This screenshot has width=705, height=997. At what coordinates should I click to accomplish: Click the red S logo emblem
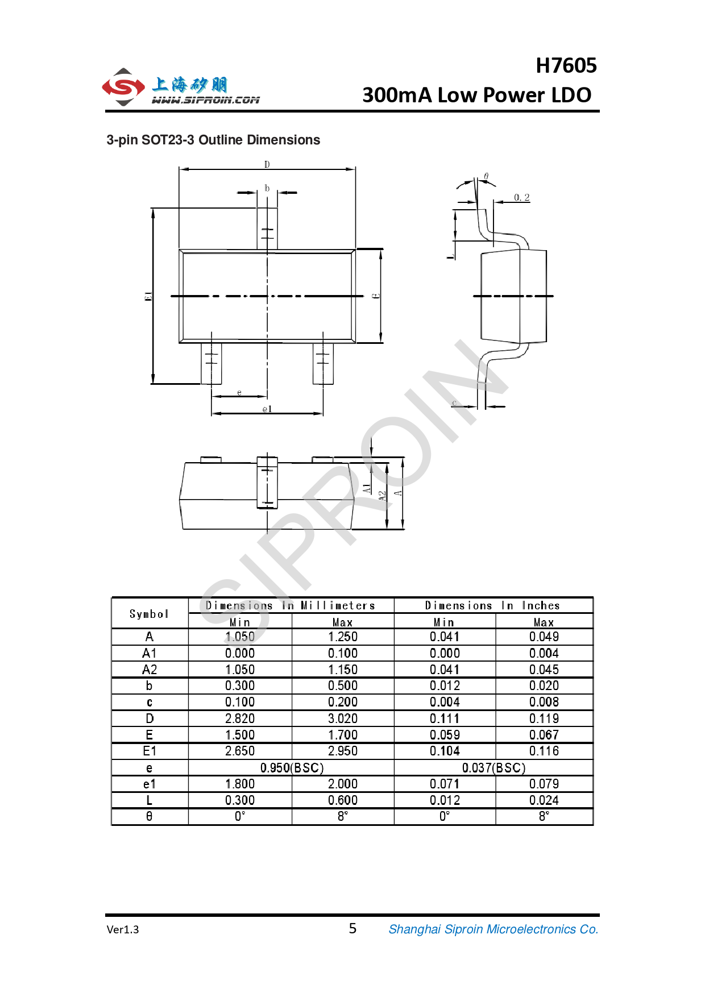pos(123,88)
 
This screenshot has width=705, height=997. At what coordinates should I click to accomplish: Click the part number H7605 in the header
pos(566,66)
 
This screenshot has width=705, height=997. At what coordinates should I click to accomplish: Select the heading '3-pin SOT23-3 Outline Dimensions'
pos(213,140)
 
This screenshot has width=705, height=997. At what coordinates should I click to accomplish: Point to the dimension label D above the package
pos(267,164)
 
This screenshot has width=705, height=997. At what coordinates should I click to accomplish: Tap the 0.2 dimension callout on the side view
pos(522,197)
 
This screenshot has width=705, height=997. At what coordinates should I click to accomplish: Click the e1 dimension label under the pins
pos(267,409)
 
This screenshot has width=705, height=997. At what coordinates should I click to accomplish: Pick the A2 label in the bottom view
pos(382,496)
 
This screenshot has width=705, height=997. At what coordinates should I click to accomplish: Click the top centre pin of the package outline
pos(267,229)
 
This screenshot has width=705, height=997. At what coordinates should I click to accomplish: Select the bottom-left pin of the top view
pos(212,364)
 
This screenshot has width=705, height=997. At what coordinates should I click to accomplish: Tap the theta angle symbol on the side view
pos(486,176)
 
